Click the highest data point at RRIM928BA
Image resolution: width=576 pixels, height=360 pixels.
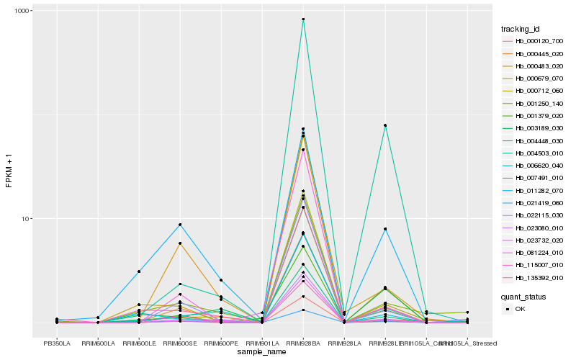303,19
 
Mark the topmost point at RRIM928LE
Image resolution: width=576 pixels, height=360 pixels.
385,125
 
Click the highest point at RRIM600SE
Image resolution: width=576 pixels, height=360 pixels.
180,225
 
